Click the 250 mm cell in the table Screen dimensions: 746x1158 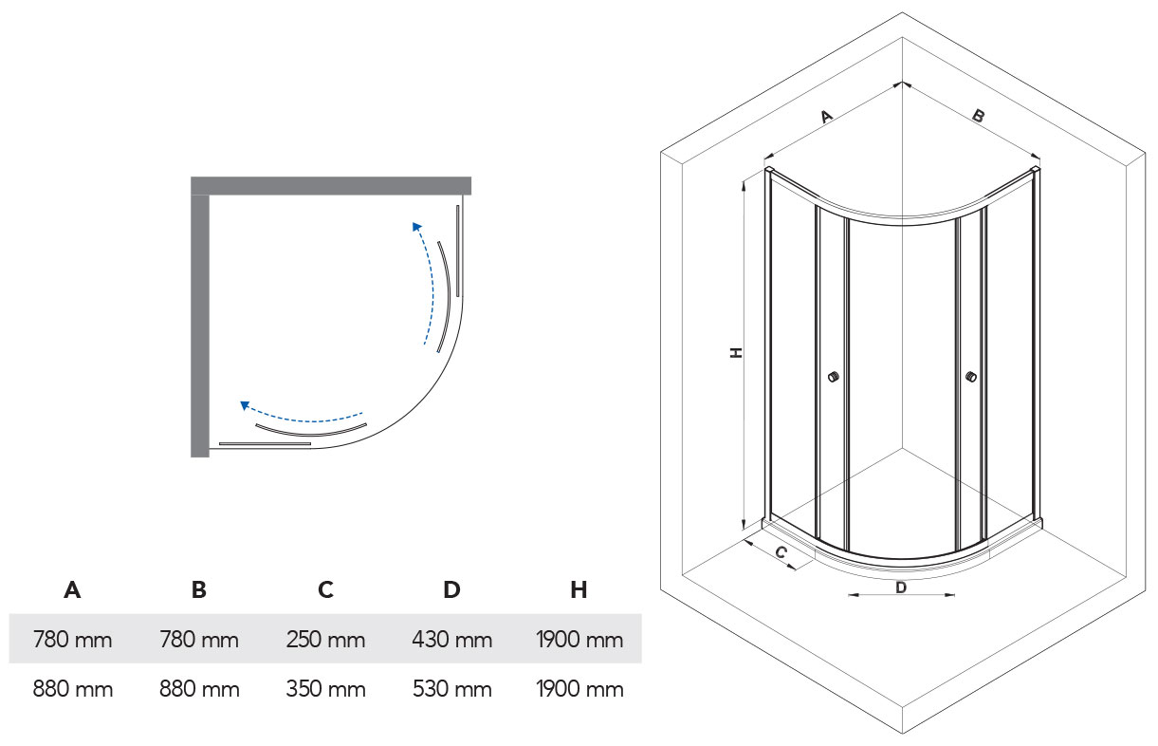pyautogui.click(x=325, y=640)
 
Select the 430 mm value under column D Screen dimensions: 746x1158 pyautogui.click(x=452, y=640)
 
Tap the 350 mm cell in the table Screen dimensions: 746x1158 pyautogui.click(x=325, y=689)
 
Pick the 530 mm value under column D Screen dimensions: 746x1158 pyautogui.click(x=452, y=689)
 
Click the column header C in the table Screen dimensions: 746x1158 pyautogui.click(x=325, y=589)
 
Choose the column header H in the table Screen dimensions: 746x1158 pyautogui.click(x=579, y=589)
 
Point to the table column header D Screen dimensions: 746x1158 pyautogui.click(x=452, y=589)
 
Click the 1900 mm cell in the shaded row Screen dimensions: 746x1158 pyautogui.click(x=579, y=640)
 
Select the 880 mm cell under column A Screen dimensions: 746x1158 pyautogui.click(x=72, y=689)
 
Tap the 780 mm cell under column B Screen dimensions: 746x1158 pyautogui.click(x=198, y=640)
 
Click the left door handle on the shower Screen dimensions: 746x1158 pyautogui.click(x=834, y=377)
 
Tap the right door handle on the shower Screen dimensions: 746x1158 pyautogui.click(x=970, y=377)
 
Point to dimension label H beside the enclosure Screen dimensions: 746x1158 pyautogui.click(x=736, y=352)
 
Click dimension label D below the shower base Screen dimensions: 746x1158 pyautogui.click(x=901, y=587)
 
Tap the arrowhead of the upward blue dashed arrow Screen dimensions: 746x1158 pyautogui.click(x=415, y=226)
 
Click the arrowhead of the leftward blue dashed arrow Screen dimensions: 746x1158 pyautogui.click(x=245, y=405)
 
